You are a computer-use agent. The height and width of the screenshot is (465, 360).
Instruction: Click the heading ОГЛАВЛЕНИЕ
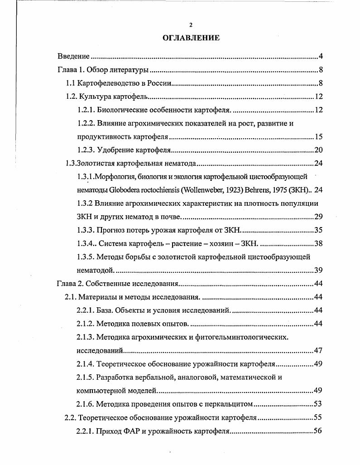click(191, 38)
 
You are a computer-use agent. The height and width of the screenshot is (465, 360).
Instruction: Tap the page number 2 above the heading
click(191, 25)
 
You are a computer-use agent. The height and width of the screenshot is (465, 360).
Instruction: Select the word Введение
click(73, 57)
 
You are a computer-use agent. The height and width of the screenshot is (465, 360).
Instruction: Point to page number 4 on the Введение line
click(320, 57)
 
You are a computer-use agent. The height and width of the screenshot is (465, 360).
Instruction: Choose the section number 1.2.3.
click(86, 150)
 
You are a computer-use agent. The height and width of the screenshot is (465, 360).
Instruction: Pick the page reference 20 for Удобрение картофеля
click(318, 150)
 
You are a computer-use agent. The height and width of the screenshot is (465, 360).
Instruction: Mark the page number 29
click(318, 216)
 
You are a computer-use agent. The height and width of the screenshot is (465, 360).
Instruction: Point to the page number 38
click(318, 243)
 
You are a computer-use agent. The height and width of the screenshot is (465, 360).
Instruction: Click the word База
click(105, 310)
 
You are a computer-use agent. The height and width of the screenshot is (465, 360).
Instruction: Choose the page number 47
click(318, 350)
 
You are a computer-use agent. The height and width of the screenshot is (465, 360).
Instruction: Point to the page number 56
click(318, 431)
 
